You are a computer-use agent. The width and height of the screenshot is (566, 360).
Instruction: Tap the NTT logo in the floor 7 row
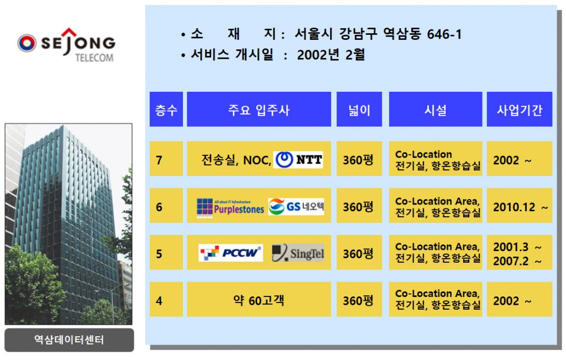pyautogui.click(x=298, y=160)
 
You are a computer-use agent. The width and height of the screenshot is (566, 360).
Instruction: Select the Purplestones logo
pyautogui.click(x=230, y=207)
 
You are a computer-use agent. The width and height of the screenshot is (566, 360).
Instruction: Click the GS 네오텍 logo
pyautogui.click(x=296, y=206)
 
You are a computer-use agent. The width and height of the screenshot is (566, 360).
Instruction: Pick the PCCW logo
pyautogui.click(x=230, y=253)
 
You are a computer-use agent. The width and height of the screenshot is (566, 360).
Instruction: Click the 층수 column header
pyautogui.click(x=166, y=109)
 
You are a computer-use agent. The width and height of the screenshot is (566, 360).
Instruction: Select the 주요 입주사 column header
pyautogui.click(x=259, y=109)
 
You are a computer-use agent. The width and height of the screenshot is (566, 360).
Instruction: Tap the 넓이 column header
pyautogui.click(x=359, y=109)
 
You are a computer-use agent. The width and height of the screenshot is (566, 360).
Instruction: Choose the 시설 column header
pyautogui.click(x=436, y=109)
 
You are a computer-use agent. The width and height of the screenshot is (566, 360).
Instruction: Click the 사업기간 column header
pyautogui.click(x=520, y=109)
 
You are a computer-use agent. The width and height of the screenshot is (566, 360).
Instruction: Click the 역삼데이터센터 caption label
pyautogui.click(x=69, y=340)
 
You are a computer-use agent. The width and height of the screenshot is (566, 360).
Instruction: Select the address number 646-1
pyautogui.click(x=444, y=34)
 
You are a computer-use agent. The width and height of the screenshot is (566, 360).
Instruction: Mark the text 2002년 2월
pyautogui.click(x=331, y=55)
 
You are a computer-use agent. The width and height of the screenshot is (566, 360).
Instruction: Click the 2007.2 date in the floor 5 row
pyautogui.click(x=511, y=261)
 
